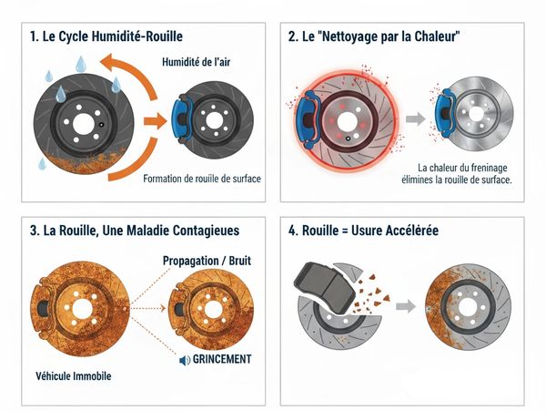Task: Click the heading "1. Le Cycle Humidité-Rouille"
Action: [x=106, y=36]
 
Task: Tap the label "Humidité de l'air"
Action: [x=196, y=62]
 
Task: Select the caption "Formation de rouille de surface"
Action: [x=202, y=179]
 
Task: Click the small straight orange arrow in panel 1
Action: [x=156, y=121]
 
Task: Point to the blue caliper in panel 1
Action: [x=182, y=118]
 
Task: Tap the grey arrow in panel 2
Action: [x=416, y=118]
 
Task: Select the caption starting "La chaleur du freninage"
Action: [x=457, y=174]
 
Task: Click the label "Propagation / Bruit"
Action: [x=207, y=261]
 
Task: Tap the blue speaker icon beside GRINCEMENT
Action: [x=185, y=361]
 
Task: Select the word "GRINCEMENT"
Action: [x=222, y=359]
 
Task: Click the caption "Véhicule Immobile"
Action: [x=74, y=376]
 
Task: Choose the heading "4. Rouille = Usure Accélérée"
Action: [x=363, y=231]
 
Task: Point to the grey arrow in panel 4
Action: [x=406, y=306]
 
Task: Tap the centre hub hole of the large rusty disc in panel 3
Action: [x=82, y=309]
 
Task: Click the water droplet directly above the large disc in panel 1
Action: [x=81, y=64]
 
